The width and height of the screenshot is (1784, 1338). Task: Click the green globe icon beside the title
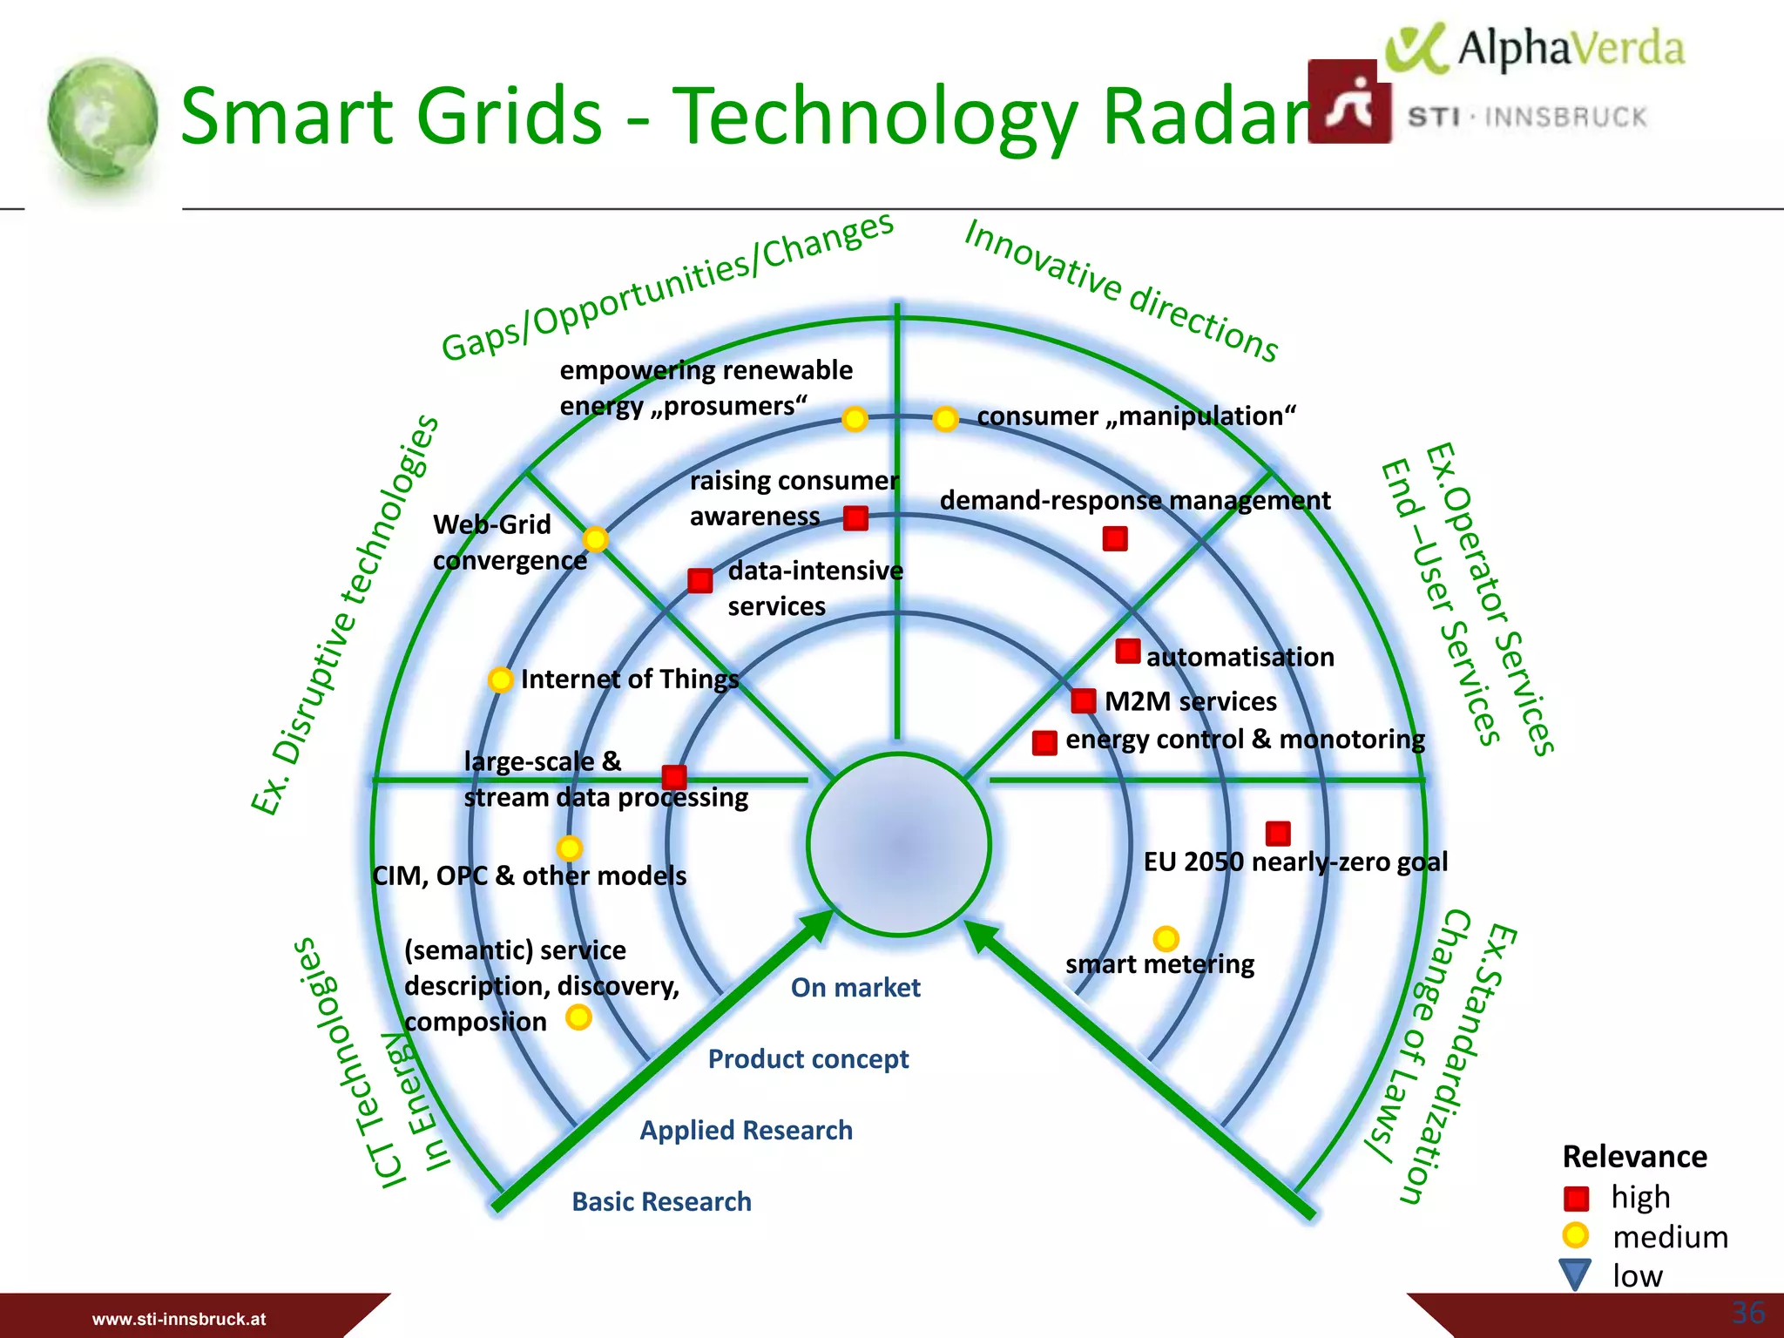pyautogui.click(x=103, y=119)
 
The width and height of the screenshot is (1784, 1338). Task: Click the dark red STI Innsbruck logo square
pyautogui.click(x=1348, y=101)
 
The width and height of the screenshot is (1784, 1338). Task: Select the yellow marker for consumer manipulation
pyautogui.click(x=945, y=419)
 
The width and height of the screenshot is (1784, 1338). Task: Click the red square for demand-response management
pyautogui.click(x=1115, y=538)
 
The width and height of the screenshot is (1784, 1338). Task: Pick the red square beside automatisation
pyautogui.click(x=1128, y=651)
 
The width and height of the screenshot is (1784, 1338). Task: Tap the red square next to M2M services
pyautogui.click(x=1084, y=700)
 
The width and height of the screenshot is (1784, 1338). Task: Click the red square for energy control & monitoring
pyautogui.click(x=1044, y=742)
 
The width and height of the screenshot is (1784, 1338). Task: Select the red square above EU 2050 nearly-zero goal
pyautogui.click(x=1278, y=833)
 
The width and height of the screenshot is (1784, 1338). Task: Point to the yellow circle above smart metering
pyautogui.click(x=1166, y=938)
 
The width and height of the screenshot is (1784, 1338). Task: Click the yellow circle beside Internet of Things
pyautogui.click(x=500, y=679)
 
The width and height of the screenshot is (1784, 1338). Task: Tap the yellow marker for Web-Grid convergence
pyautogui.click(x=596, y=539)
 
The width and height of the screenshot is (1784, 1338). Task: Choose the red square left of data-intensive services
pyautogui.click(x=700, y=580)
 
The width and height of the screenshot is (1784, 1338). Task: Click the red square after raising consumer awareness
pyautogui.click(x=855, y=518)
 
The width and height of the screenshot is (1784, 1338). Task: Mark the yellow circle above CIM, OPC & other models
pyautogui.click(x=569, y=848)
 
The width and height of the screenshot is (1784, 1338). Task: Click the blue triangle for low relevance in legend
pyautogui.click(x=1575, y=1274)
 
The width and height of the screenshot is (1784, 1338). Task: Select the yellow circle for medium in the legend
pyautogui.click(x=1575, y=1235)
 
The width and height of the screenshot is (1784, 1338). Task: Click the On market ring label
pyautogui.click(x=855, y=987)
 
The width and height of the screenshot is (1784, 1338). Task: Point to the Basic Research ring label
pyautogui.click(x=661, y=1201)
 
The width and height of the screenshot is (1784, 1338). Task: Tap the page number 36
pyautogui.click(x=1747, y=1312)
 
